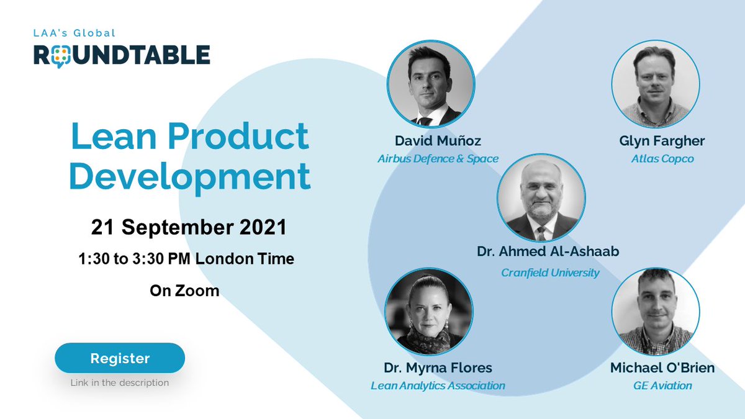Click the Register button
120,358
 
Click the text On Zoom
184,290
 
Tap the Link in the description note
120,382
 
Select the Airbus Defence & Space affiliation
438,159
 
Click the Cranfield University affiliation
550,272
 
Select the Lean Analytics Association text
438,385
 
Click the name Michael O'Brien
662,367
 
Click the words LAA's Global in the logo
75,33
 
